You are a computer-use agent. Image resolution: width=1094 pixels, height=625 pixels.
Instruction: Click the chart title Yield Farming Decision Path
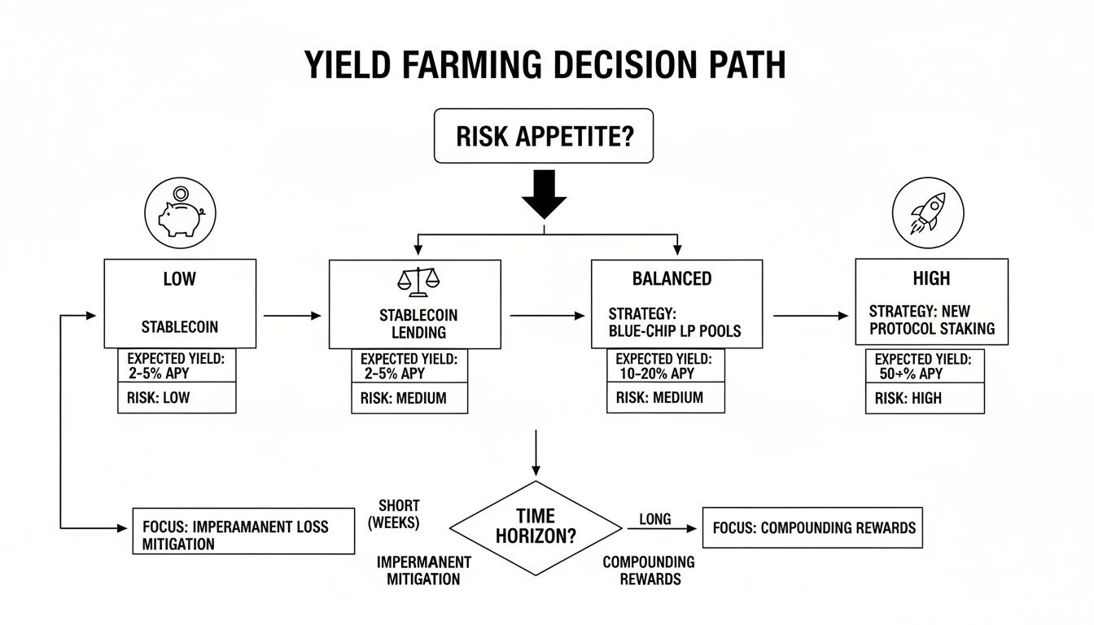(x=545, y=63)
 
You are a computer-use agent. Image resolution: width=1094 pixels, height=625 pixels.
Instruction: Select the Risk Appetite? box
(x=544, y=136)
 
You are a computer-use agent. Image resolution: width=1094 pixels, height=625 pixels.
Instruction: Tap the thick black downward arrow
(x=543, y=194)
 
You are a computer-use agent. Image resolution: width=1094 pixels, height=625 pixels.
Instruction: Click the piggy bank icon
(x=179, y=213)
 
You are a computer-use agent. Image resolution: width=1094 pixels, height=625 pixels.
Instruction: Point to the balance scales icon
(x=417, y=281)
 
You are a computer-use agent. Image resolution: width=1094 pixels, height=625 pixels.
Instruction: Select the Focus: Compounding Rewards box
(x=812, y=527)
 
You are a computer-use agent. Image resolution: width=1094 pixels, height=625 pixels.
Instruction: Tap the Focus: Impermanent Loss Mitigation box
(x=243, y=531)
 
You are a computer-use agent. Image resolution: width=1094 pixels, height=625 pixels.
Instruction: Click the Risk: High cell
(x=924, y=398)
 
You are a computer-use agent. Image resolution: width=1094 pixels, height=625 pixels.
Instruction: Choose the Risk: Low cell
(x=177, y=398)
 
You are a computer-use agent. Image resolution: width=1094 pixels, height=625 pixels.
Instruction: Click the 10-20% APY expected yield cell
(x=665, y=365)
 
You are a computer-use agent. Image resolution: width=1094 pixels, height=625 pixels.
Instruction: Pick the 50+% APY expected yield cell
(x=924, y=365)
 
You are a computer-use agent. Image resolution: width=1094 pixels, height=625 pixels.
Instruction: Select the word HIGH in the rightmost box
(x=931, y=278)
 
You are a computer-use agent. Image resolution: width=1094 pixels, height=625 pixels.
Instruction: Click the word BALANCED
(x=672, y=278)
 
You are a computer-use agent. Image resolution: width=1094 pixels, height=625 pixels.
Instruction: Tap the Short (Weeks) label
(x=399, y=514)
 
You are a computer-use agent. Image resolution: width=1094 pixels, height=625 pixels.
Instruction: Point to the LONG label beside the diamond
(x=655, y=518)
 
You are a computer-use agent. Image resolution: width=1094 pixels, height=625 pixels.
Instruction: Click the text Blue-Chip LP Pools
(x=675, y=331)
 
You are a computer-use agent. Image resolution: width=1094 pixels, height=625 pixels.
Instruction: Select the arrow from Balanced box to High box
(x=809, y=315)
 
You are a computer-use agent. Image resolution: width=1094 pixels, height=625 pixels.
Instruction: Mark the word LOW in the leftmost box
(x=179, y=278)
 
